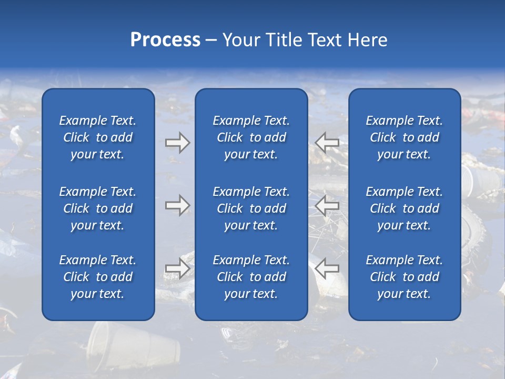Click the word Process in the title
tap(165, 40)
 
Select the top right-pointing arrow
tap(177, 142)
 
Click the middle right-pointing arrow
tap(177, 205)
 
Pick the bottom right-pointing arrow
tap(177, 268)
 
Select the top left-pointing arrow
tap(327, 142)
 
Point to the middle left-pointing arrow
tap(327, 205)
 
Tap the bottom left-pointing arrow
tap(327, 268)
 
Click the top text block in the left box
tap(98, 137)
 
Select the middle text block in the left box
tap(98, 208)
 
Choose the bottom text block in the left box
tap(98, 277)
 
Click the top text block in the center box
tap(251, 137)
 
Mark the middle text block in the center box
tap(251, 208)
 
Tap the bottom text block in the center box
tap(251, 277)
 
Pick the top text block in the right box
tap(405, 137)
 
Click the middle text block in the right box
tap(405, 208)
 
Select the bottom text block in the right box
tap(405, 277)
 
